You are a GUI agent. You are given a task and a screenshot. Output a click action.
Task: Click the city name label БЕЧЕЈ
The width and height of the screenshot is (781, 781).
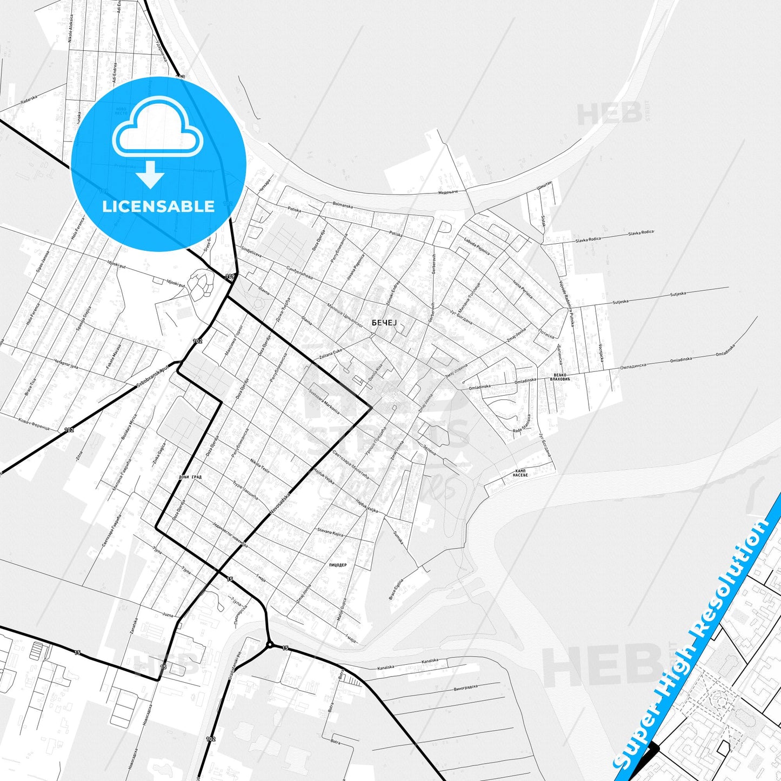(x=384, y=323)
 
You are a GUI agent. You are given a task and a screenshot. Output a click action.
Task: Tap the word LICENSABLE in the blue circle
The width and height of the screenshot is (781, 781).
(x=158, y=206)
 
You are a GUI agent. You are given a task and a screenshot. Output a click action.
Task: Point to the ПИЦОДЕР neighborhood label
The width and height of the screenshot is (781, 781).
(x=337, y=565)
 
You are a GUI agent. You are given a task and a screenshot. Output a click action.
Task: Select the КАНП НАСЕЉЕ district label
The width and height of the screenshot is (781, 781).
(x=520, y=473)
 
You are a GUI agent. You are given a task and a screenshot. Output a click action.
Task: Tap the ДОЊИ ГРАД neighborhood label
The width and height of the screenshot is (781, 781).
(x=190, y=477)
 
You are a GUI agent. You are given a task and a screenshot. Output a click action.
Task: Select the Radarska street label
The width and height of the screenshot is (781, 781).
(x=29, y=99)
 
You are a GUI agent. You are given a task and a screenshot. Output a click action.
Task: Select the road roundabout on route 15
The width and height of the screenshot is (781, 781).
(x=270, y=644)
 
